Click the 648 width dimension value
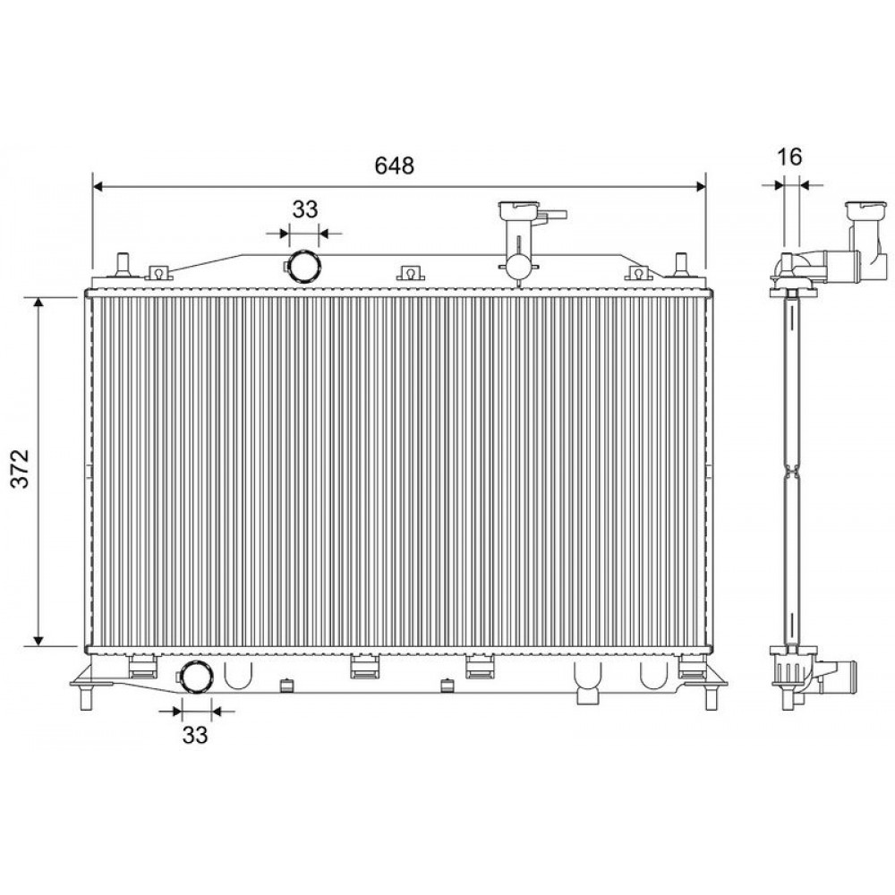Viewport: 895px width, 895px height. tap(394, 165)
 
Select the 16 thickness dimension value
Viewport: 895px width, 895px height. tap(790, 157)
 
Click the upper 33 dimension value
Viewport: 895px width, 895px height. tap(305, 209)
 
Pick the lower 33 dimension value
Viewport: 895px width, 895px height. tap(195, 735)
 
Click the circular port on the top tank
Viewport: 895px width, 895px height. tap(303, 267)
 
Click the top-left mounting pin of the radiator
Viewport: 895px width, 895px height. tap(122, 264)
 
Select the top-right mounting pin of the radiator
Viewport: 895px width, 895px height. tap(680, 264)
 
